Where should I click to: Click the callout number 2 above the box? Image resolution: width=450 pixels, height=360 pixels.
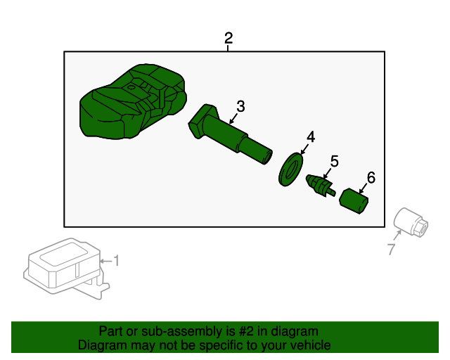pos(229,38)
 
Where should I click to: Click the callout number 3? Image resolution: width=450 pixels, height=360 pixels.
pos(240,106)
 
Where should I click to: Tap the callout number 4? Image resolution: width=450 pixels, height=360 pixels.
pos(311,137)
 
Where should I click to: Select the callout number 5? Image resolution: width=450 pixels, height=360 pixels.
pos(335,161)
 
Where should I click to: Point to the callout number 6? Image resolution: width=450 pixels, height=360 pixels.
pos(371,178)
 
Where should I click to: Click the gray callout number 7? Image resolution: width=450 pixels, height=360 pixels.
pos(392,249)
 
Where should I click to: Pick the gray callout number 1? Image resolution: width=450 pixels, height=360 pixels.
pos(116,261)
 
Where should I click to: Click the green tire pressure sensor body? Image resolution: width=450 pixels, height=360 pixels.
pos(133,101)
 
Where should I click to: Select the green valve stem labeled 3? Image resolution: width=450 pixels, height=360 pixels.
pos(230,134)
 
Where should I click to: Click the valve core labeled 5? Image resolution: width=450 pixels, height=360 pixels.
pos(321,186)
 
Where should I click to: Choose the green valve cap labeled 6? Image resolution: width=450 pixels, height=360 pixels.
pos(354,201)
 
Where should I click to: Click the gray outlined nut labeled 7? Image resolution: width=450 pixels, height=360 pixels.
pos(411,223)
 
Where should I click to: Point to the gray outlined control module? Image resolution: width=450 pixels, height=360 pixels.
pos(66,269)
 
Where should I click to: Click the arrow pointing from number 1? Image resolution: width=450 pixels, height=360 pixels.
pos(105,261)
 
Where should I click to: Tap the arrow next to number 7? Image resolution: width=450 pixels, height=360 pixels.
pos(397,236)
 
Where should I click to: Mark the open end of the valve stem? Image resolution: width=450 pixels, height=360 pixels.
pos(268,157)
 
